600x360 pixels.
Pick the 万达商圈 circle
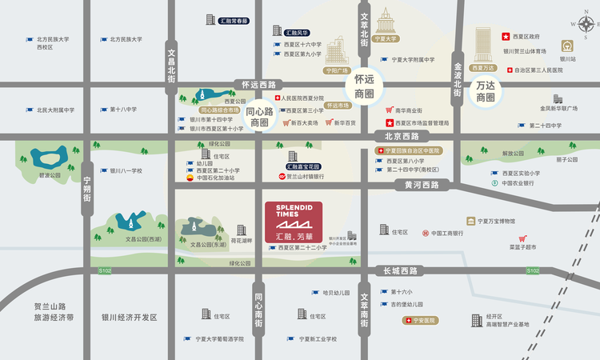tap(486, 91)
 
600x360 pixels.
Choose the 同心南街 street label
tap(258, 301)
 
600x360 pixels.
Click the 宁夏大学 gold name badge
tap(386, 38)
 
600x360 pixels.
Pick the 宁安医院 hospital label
tap(424, 320)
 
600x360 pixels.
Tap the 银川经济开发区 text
tap(124, 318)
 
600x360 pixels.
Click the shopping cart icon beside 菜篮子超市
tap(522, 237)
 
